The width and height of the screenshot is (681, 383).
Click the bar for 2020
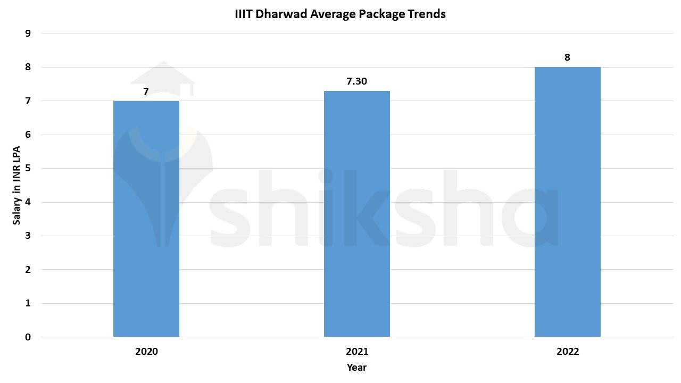pos(146,219)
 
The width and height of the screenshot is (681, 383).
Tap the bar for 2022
pos(568,202)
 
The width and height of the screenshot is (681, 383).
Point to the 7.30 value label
pos(357,81)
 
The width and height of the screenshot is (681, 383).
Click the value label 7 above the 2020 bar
pos(146,91)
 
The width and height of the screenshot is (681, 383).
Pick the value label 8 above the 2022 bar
pos(567,57)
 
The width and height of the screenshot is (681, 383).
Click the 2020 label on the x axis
pos(146,352)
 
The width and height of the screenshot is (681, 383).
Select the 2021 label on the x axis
pos(357,352)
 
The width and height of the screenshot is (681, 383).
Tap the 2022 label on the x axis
pos(568,352)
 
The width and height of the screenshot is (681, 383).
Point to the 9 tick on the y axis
pos(28,34)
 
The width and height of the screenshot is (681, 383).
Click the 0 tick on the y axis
pos(28,337)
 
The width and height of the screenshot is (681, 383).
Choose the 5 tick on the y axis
pos(28,169)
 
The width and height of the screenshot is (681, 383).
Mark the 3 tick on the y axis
pos(28,236)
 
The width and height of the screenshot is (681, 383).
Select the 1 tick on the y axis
pos(28,304)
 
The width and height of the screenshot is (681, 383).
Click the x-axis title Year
pos(356,367)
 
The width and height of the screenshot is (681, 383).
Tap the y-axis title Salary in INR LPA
pos(17,185)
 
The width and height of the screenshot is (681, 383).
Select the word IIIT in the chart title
pos(244,14)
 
